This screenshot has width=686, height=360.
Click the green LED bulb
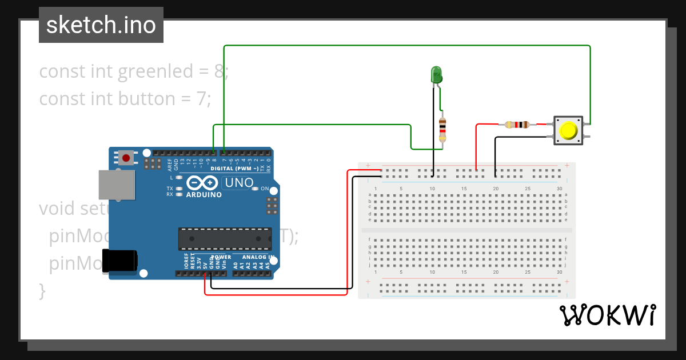coord(436,75)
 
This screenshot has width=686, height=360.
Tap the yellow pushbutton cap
coord(568,130)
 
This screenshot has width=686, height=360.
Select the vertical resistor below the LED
coord(442,130)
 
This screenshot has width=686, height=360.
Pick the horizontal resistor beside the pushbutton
coord(517,124)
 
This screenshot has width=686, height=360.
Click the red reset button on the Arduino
coord(126,157)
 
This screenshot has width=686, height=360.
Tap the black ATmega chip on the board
coord(225,239)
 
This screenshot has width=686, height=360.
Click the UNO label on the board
coord(237,183)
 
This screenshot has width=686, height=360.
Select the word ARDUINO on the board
coord(204,194)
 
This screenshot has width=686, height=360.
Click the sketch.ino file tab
coord(101,25)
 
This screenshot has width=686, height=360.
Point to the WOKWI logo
coord(607,315)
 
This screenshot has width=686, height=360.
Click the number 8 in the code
coord(218,71)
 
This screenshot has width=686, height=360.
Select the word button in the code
coord(147,99)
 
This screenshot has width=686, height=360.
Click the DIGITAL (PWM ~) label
coord(234,169)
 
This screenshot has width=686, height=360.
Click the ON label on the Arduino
coord(264,189)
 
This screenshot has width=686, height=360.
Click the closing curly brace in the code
coord(42,290)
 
